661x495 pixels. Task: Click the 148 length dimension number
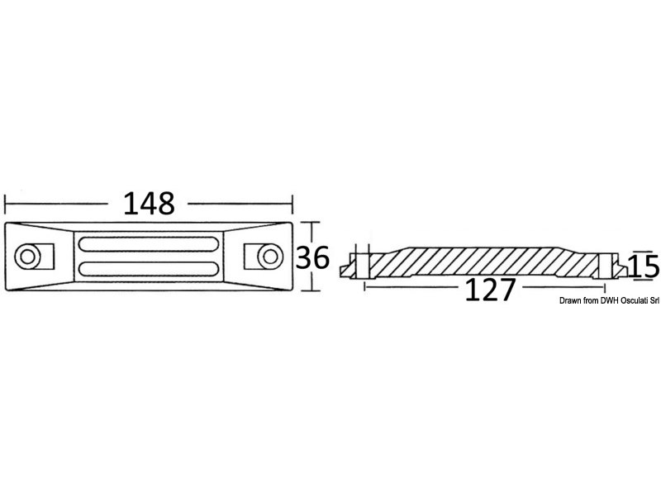pyautogui.click(x=149, y=204)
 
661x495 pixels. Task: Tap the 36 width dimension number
pyautogui.click(x=312, y=257)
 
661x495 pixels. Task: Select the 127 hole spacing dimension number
pyautogui.click(x=490, y=290)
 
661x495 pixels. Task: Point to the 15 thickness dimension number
pyautogui.click(x=644, y=266)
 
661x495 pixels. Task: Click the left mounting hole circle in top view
pyautogui.click(x=27, y=256)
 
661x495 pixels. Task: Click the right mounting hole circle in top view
pyautogui.click(x=270, y=256)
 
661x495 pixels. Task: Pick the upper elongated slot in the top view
pyautogui.click(x=149, y=244)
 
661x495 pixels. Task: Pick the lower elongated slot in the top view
pyautogui.click(x=149, y=269)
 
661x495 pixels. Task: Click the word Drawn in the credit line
pyautogui.click(x=569, y=300)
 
